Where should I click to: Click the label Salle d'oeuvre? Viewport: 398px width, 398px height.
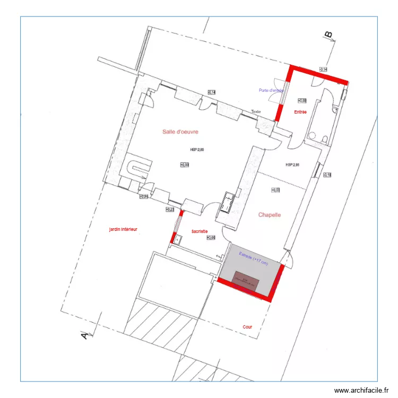tap(184, 132)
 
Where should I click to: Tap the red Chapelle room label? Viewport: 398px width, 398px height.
tap(269, 215)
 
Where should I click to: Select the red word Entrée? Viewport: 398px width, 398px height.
tap(300, 112)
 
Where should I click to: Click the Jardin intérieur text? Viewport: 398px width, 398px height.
tap(123, 229)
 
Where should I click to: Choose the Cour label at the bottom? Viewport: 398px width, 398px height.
tap(247, 327)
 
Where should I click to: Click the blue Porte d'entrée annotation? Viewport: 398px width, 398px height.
tap(271, 90)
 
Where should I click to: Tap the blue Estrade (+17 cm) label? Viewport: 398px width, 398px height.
tap(253, 258)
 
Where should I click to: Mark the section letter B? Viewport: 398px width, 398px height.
tap(328, 35)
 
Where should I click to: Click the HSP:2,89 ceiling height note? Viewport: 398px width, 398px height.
tap(197, 150)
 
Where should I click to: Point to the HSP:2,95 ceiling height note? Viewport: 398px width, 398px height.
tap(292, 165)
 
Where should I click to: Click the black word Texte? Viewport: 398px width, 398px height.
tap(256, 112)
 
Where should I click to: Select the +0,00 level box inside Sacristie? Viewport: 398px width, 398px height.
tap(211, 238)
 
